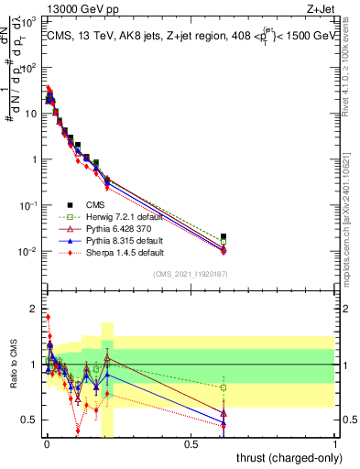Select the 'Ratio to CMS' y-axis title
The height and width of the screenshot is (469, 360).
pos(13,365)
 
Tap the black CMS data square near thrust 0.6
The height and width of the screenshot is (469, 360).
pos(224,236)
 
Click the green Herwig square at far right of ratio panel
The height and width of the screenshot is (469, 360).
pos(224,387)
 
